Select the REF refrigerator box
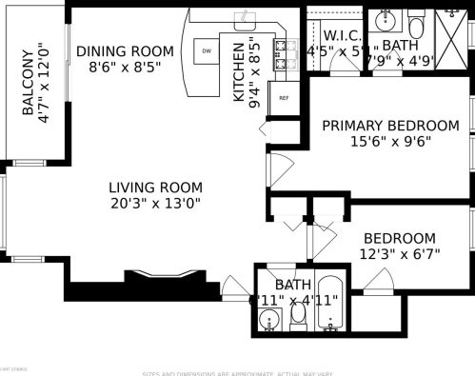(x=283, y=97)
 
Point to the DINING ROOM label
(x=125, y=51)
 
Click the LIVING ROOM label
(x=153, y=187)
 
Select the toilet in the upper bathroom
(x=417, y=21)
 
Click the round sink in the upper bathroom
(x=386, y=19)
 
